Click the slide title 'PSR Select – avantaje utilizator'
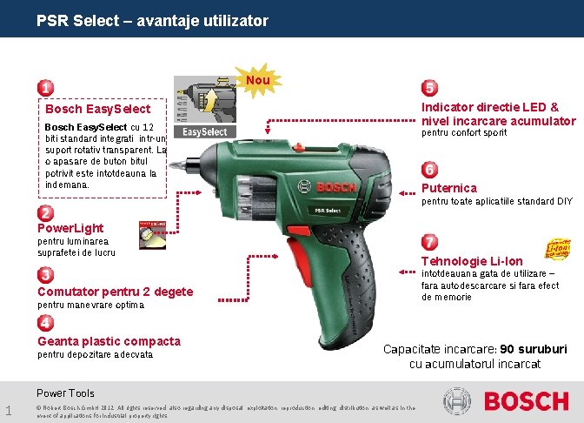[152, 20]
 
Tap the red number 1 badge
[43, 88]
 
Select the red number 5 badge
[429, 88]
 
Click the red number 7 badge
[429, 241]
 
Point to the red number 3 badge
[43, 275]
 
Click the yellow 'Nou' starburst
[257, 81]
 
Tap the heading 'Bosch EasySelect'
[97, 110]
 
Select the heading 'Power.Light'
[70, 228]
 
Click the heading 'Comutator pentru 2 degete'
[115, 292]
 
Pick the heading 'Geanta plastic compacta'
[109, 341]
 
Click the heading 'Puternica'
[448, 188]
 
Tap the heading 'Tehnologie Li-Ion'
[472, 261]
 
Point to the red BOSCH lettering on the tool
[336, 187]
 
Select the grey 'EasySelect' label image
[205, 132]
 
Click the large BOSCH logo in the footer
[525, 401]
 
